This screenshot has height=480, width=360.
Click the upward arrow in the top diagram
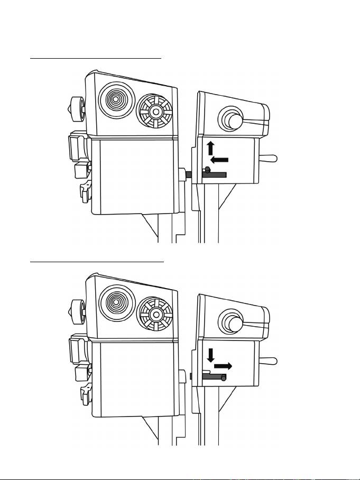click(x=210, y=147)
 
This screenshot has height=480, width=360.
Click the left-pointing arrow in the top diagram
click(x=219, y=160)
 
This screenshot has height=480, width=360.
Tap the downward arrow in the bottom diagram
click(x=210, y=354)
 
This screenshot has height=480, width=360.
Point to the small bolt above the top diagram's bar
click(x=208, y=169)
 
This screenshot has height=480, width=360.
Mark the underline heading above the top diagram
click(x=95, y=59)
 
